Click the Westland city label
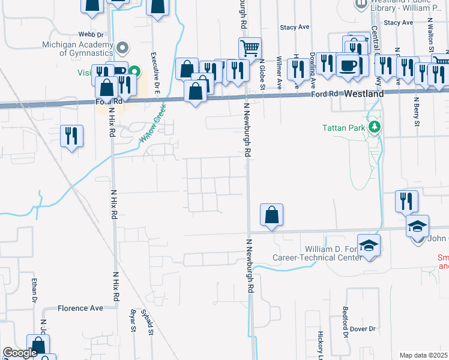(x=364, y=95)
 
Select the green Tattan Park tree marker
(x=375, y=127)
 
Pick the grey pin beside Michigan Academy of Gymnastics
(x=123, y=47)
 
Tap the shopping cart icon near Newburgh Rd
(x=250, y=47)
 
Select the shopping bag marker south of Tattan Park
(x=271, y=214)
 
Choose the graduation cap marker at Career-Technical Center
(x=369, y=245)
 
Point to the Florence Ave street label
(x=80, y=308)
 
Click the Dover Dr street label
(x=363, y=329)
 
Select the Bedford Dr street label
(x=346, y=322)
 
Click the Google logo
(x=20, y=353)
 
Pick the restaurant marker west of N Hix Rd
(x=71, y=136)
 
